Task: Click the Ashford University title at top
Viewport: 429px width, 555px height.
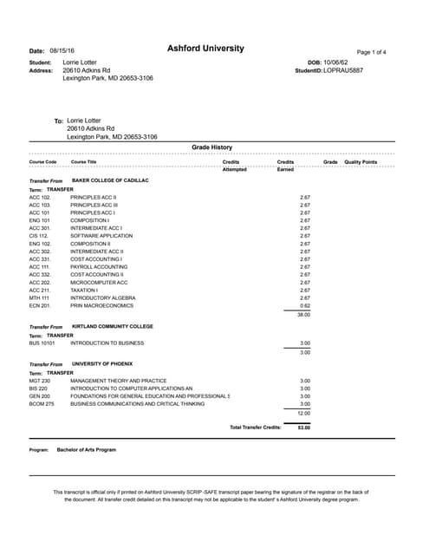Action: click(205, 49)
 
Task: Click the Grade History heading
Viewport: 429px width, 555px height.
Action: click(211, 147)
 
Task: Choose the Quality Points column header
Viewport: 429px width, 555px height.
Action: click(361, 162)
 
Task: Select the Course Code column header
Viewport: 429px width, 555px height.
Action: click(42, 162)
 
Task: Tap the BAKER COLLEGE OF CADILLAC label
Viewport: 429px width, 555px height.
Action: click(110, 180)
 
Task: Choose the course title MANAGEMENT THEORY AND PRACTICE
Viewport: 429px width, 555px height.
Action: click(118, 381)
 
